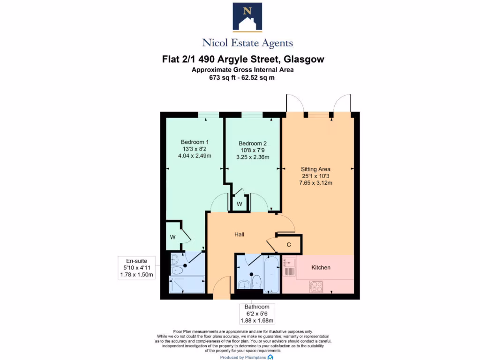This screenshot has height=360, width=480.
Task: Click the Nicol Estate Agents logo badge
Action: pyautogui.click(x=247, y=17)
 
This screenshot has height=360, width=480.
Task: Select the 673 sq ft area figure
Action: pyautogui.click(x=223, y=78)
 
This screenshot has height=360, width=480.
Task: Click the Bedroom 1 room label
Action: pyautogui.click(x=195, y=142)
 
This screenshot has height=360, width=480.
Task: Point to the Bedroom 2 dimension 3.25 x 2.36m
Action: pyautogui.click(x=254, y=157)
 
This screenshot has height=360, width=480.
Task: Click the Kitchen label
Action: pyautogui.click(x=321, y=267)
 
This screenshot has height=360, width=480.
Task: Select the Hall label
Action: pyautogui.click(x=240, y=234)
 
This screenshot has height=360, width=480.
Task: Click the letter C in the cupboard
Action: pyautogui.click(x=289, y=245)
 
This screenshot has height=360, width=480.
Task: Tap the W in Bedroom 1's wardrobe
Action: pyautogui.click(x=172, y=237)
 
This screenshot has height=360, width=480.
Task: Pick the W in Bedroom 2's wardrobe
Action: pyautogui.click(x=239, y=204)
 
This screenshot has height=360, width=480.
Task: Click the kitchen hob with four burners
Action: pyautogui.click(x=316, y=286)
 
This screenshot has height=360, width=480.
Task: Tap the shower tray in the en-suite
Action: pyautogui.click(x=187, y=285)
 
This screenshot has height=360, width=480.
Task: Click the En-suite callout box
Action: pyautogui.click(x=136, y=268)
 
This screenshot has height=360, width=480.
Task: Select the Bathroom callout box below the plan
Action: pyautogui.click(x=255, y=314)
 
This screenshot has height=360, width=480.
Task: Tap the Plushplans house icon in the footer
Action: pyautogui.click(x=270, y=357)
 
